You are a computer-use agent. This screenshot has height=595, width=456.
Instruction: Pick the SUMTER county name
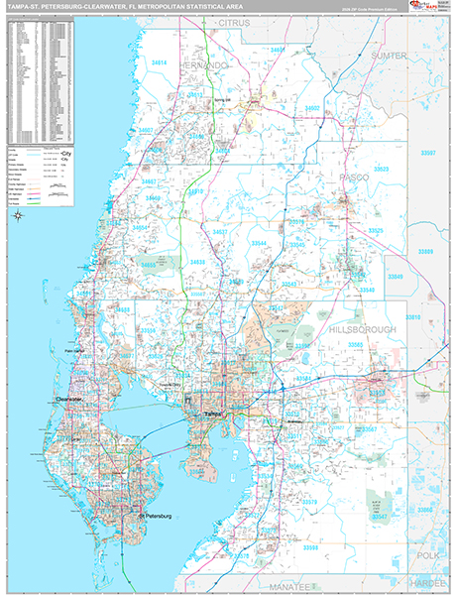[x=388, y=57]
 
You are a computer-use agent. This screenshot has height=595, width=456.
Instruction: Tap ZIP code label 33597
[x=427, y=153]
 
